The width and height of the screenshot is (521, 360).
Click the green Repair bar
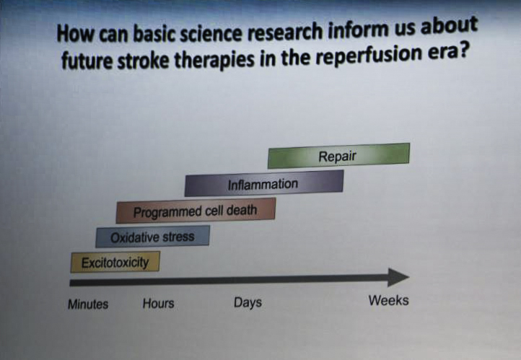coord(338,156)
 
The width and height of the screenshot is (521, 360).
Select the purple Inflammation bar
coord(264,183)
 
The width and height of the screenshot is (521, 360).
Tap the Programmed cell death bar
coord(196,211)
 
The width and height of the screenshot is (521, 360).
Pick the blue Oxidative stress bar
coord(152,237)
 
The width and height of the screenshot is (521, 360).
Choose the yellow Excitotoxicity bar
coord(115,262)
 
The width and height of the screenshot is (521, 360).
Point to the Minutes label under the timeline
coord(88,304)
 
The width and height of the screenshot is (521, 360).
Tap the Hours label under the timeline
coord(159,303)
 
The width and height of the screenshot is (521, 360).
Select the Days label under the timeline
coord(248,302)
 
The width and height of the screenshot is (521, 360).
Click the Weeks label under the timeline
coord(388,300)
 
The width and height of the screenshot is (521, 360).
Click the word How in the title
coord(76,33)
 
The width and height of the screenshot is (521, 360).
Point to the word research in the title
coord(284,32)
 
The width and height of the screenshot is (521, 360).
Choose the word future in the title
coord(87,61)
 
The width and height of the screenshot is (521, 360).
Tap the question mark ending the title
coord(463,51)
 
